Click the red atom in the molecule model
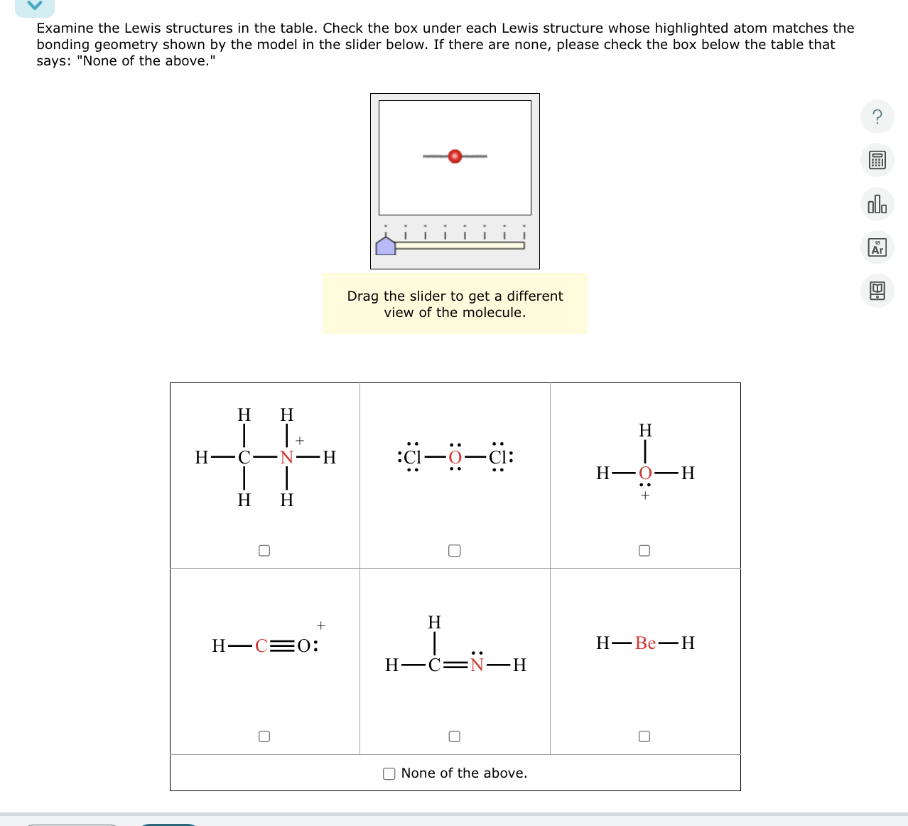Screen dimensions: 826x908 click(455, 156)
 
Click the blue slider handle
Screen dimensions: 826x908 click(386, 245)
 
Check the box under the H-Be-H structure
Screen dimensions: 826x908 click(644, 736)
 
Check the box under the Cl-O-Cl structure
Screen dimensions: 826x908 click(455, 551)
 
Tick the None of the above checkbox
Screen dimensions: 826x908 click(389, 774)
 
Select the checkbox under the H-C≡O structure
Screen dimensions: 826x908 click(264, 736)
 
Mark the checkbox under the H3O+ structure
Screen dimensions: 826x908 click(644, 551)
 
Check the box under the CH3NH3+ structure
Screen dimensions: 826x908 click(264, 551)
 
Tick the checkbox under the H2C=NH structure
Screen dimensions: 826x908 click(455, 736)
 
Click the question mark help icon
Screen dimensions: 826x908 click(877, 117)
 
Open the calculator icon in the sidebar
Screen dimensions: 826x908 click(877, 161)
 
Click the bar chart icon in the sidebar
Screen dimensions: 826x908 click(877, 204)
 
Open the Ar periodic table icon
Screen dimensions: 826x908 click(877, 247)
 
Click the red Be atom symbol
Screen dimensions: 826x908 click(645, 643)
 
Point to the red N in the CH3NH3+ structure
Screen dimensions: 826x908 click(286, 458)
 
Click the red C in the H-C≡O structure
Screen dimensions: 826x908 click(261, 646)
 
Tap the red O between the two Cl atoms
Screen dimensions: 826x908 click(455, 457)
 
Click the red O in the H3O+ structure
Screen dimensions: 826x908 click(645, 473)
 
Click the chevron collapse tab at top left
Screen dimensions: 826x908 click(35, 6)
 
